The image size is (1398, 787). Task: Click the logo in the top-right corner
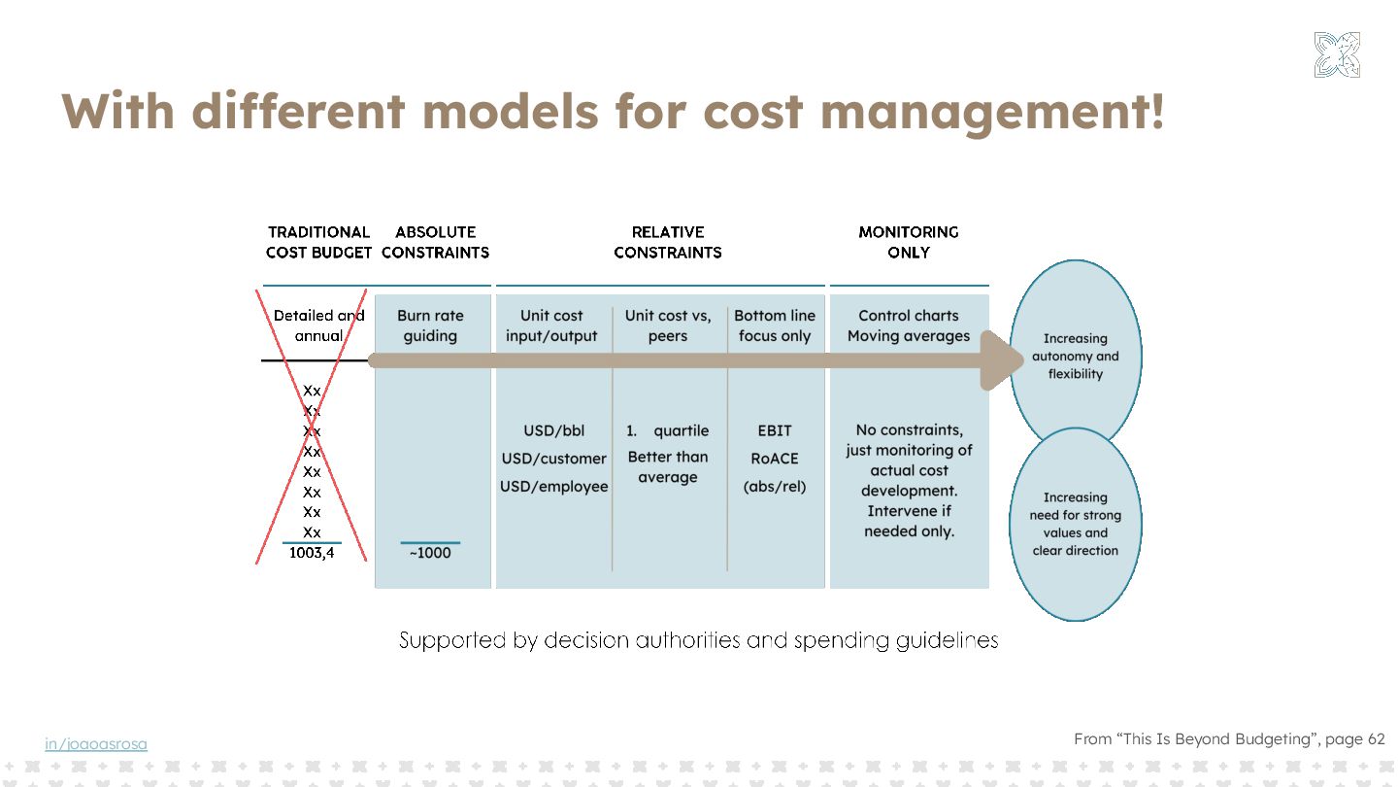tap(1337, 54)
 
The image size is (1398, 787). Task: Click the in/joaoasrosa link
tap(96, 744)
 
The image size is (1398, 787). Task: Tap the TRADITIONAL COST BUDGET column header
tap(318, 242)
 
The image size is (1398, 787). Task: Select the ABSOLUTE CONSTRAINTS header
tap(435, 242)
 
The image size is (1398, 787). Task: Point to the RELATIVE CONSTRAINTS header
tap(668, 242)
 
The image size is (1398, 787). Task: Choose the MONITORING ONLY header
tap(909, 242)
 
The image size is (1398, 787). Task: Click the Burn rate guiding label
tap(430, 325)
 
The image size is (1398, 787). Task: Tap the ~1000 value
tap(430, 553)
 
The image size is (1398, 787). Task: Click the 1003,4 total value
tap(312, 553)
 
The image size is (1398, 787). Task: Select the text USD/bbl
tap(554, 430)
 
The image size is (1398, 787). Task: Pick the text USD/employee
tap(554, 486)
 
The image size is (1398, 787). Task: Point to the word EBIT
tap(775, 430)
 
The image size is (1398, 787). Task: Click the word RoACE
tap(775, 459)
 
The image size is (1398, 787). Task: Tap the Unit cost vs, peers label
tap(668, 325)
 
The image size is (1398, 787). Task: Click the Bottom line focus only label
tap(775, 325)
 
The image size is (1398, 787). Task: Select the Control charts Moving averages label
tap(909, 325)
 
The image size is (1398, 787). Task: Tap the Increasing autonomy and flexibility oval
tap(1076, 356)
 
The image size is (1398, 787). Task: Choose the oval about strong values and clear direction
tap(1076, 525)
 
